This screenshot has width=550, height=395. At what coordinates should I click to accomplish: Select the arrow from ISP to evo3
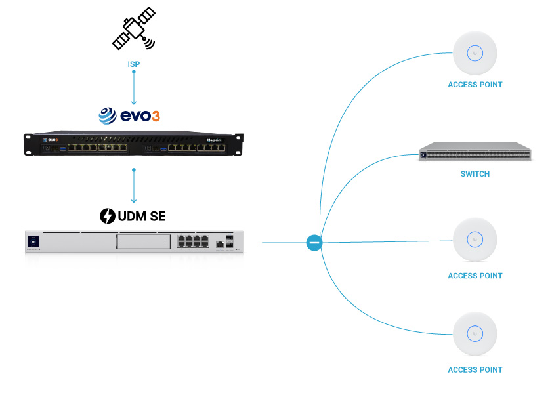click(x=134, y=87)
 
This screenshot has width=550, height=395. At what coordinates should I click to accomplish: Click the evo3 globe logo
click(x=108, y=116)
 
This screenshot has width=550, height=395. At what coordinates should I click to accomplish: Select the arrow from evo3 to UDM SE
click(x=134, y=187)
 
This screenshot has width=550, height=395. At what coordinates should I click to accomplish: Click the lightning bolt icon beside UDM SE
click(x=107, y=215)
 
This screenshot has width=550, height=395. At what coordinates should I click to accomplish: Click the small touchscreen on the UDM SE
click(x=32, y=242)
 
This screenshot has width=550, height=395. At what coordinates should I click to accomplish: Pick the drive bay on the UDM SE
click(x=142, y=242)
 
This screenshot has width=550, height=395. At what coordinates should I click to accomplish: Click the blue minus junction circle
click(x=314, y=243)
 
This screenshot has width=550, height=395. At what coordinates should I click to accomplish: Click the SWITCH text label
click(x=475, y=175)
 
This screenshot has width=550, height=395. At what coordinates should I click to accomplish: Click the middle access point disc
click(x=475, y=240)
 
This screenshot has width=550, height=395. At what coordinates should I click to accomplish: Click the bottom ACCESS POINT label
click(x=475, y=370)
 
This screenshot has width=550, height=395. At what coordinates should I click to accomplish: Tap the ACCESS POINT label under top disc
click(x=475, y=85)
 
